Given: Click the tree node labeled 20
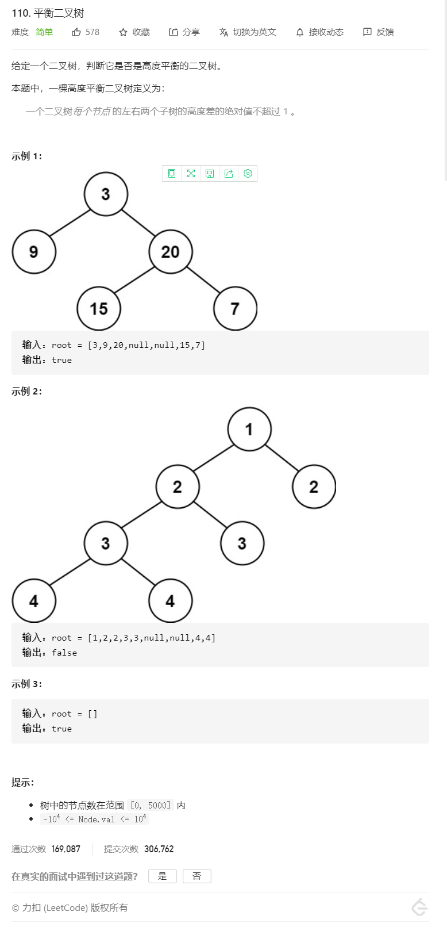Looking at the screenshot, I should click(x=171, y=252).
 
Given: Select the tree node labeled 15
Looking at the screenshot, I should click(x=99, y=309).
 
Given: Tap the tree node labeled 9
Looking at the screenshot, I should click(x=34, y=252).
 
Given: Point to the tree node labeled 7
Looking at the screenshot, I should click(x=235, y=309).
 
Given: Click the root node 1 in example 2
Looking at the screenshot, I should click(x=249, y=430).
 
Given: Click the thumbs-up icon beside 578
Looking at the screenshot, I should click(x=76, y=32).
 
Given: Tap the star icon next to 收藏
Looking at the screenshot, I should click(x=123, y=32).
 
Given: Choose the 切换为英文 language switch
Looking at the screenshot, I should click(x=248, y=32).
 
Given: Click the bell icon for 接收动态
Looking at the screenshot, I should click(x=300, y=32).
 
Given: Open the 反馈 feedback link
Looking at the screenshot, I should click(x=379, y=32).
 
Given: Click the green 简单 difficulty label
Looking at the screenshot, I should click(x=44, y=32).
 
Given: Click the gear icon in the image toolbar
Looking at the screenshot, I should click(x=248, y=174).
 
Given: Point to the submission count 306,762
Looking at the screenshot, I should click(x=159, y=849).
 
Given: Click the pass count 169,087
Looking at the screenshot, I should click(x=66, y=849).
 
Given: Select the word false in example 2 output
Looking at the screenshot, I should click(x=64, y=653).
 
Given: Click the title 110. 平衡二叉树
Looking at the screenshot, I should click(x=48, y=13).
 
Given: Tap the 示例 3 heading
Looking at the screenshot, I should click(x=26, y=684).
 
